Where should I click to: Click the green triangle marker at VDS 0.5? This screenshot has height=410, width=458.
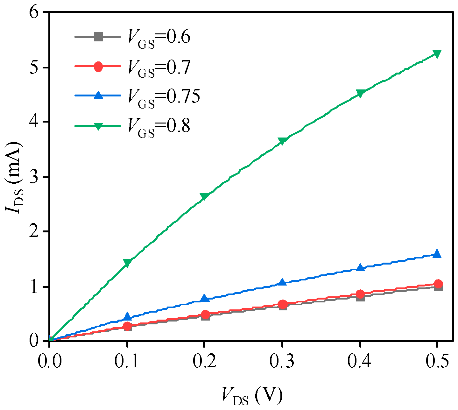437,53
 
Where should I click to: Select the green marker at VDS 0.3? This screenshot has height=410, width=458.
282,141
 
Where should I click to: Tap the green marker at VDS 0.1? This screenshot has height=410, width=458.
127,263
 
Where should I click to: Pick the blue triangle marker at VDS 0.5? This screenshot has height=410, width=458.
437,254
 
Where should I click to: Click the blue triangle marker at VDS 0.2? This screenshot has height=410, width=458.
205,298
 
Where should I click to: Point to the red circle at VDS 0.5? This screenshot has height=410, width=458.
437,284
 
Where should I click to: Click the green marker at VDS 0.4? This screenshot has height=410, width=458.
360,94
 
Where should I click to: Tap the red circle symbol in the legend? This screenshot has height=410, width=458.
98,67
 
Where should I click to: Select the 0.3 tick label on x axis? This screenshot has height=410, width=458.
282,361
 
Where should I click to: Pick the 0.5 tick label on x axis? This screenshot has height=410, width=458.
437,361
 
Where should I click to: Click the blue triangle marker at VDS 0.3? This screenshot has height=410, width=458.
282,282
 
